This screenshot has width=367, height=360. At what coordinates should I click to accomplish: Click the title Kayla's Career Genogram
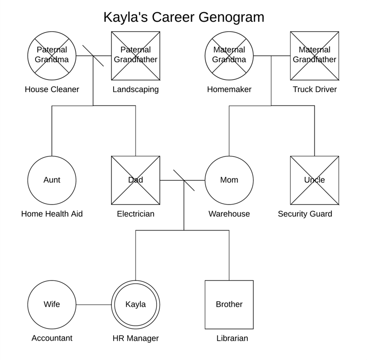point(184,18)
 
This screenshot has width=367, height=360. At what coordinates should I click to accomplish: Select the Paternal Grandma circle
point(52,56)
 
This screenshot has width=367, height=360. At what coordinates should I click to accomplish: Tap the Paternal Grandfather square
point(136,56)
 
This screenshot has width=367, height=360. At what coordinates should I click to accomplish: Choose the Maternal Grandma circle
point(229,56)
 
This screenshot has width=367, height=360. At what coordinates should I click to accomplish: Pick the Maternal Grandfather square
point(314,56)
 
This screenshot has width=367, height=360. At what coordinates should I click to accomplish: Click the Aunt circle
point(52,180)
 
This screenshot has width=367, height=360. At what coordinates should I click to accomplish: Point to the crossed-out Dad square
point(136,180)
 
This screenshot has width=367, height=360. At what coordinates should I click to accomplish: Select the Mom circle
point(229,180)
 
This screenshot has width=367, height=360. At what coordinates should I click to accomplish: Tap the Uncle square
point(314,180)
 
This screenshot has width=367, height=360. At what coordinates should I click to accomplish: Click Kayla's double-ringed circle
point(136,305)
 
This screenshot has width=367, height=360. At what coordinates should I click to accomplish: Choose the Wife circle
point(52,305)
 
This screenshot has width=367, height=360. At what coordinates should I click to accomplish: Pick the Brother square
point(229,305)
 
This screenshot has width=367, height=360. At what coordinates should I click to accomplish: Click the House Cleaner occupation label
point(52,89)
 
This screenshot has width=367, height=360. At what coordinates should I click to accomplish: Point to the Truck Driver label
point(315,89)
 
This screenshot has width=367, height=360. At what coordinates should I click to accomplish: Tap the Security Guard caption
point(305,214)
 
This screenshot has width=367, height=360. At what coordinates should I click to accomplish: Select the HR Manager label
point(136,338)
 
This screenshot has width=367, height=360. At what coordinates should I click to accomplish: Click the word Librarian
point(232,338)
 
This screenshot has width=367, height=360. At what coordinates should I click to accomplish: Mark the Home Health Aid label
point(52,214)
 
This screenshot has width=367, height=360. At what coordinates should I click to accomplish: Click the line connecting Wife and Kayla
point(94,305)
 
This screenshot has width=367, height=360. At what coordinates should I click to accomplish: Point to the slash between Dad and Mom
point(184,180)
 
